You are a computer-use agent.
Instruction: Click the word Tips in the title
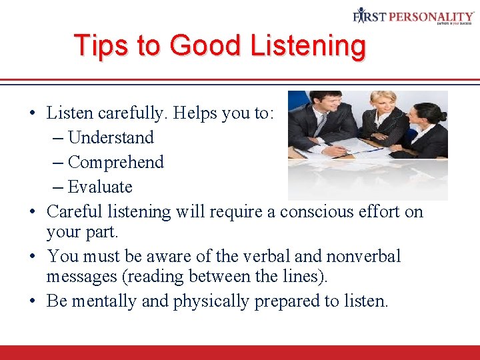(x=97, y=46)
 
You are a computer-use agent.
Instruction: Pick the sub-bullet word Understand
(x=111, y=137)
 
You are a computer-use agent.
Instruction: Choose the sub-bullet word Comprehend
(x=115, y=162)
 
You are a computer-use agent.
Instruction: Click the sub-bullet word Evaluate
(x=100, y=187)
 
